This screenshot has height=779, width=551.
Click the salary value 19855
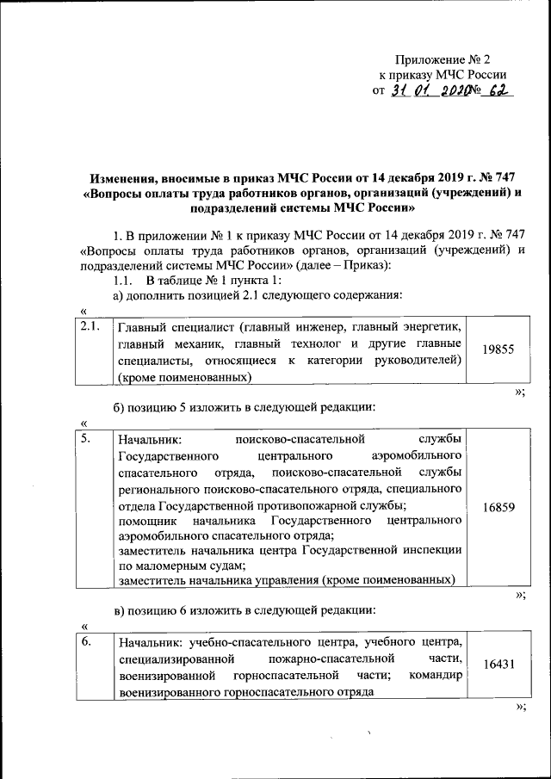498,351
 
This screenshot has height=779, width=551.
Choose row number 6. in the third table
86,641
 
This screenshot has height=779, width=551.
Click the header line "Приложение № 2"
442,60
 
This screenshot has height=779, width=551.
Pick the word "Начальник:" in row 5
145,440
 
